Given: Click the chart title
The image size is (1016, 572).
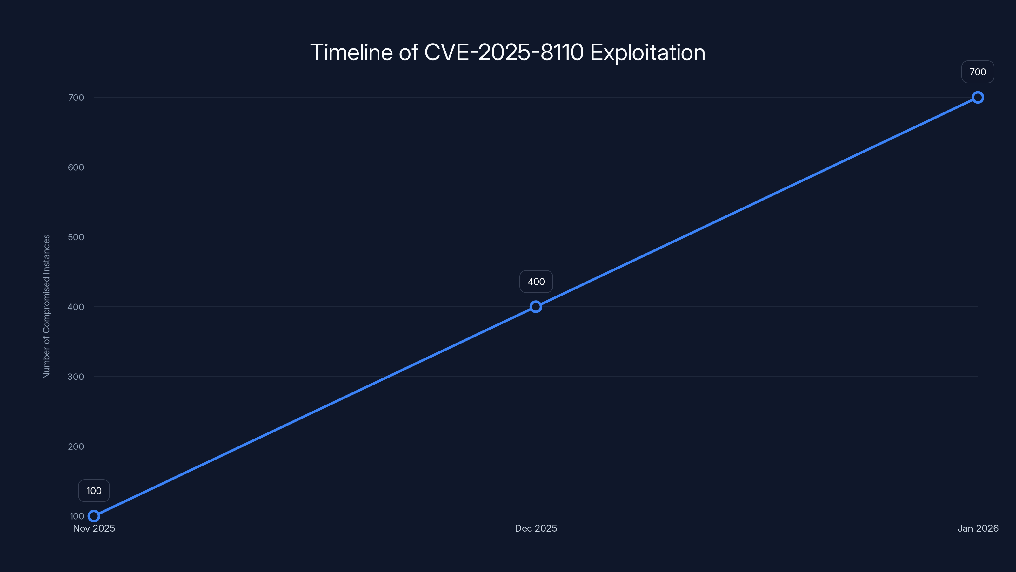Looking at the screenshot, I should point(508,52).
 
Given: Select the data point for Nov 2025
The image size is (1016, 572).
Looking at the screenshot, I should point(94,516).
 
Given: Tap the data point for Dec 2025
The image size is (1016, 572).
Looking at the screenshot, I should point(536,307).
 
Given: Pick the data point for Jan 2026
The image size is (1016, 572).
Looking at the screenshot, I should point(978,98).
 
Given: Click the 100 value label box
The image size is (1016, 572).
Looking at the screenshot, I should point(94,491).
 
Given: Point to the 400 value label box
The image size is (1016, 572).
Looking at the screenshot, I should point(536,282).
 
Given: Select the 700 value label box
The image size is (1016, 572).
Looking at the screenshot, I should point(978,72).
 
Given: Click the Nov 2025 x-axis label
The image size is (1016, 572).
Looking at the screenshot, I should point(94,528).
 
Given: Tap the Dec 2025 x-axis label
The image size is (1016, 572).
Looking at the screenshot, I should point(536,528).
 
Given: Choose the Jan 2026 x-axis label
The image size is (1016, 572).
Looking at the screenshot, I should point(978,528).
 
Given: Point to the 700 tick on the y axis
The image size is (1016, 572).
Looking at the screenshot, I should point(76,98).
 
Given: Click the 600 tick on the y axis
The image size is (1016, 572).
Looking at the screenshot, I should point(76,167).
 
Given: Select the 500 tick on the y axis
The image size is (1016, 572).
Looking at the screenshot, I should point(76,237).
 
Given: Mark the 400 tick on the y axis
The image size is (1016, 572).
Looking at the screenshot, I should point(76,307).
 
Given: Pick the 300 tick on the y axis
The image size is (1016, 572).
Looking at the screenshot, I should point(76,377).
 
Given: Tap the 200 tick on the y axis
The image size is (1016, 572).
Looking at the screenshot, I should point(76,446).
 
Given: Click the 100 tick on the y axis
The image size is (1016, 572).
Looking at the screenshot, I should point(77,516).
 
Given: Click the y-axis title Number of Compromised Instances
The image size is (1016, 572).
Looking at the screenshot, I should point(47,307).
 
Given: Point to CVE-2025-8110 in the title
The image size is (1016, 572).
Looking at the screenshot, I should point(504,52).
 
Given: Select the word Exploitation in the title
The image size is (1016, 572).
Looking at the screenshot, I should point(648,52).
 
